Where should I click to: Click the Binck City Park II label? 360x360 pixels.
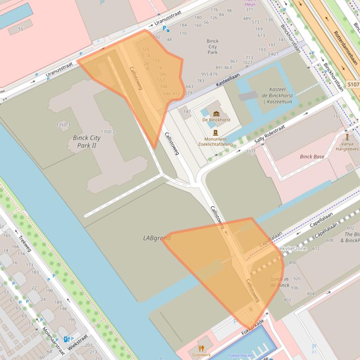[x=87, y=142]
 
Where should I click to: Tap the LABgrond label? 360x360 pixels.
[x=157, y=238]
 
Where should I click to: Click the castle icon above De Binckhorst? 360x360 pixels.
[x=216, y=114]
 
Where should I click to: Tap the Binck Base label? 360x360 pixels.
[x=312, y=157]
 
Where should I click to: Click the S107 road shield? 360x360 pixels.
[x=353, y=85]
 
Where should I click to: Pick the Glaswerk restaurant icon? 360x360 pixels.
[x=201, y=348]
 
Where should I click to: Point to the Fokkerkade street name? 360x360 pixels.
[x=253, y=327]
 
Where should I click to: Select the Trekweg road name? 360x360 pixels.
[x=24, y=242]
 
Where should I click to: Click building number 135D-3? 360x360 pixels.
[x=63, y=125]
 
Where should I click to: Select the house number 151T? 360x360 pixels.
[x=251, y=151]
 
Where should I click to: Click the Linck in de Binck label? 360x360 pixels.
[x=280, y=282]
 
